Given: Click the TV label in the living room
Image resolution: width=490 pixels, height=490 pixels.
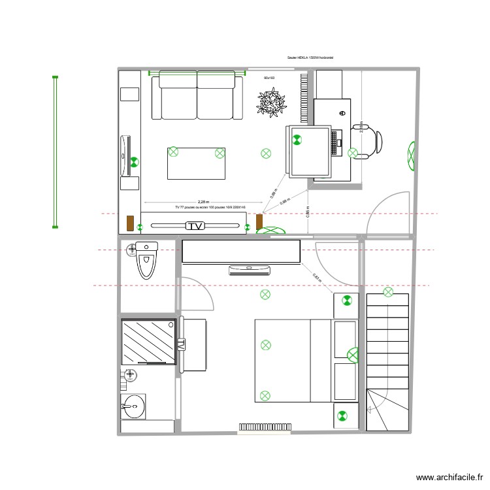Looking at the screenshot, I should [195, 226].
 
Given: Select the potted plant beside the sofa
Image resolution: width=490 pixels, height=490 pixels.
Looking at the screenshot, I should [272, 102].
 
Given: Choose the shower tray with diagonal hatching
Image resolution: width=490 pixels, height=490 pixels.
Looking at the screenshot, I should [149, 341].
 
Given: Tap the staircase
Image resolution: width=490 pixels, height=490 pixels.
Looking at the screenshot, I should [388, 363].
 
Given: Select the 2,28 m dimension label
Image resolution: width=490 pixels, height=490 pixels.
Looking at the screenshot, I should [203, 203].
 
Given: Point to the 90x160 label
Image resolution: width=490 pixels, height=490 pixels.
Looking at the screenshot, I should [269, 78].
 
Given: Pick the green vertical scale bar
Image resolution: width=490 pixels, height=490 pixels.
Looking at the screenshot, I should [55, 153].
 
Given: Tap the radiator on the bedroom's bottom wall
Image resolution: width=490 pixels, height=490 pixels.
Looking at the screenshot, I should [265, 427].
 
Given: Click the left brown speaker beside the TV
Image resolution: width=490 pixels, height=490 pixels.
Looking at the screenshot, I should [131, 223].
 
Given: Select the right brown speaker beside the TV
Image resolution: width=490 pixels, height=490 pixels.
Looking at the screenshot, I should [259, 222].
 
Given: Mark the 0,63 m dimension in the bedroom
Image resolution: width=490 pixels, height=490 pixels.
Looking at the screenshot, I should [317, 278].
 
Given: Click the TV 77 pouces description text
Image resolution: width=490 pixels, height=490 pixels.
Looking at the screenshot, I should [210, 207].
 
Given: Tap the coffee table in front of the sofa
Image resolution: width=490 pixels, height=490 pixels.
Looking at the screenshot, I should [196, 163].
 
